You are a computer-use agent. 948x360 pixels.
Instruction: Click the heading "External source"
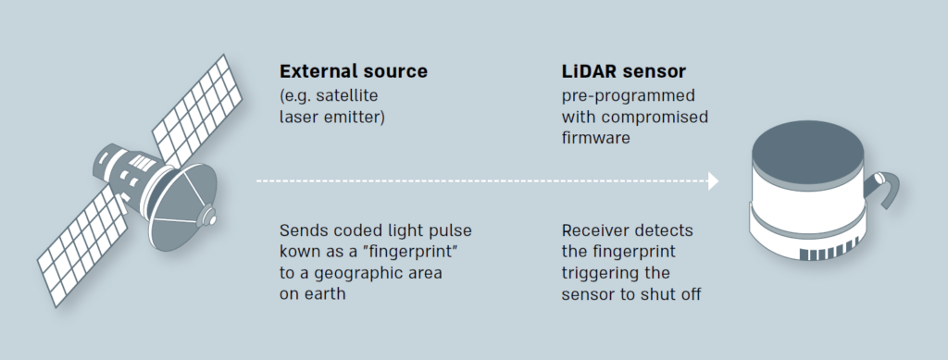click(353, 71)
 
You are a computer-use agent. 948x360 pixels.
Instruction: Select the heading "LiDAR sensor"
click(623, 71)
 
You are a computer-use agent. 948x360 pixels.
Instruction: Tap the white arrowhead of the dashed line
click(714, 180)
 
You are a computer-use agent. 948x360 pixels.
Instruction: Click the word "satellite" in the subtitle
click(347, 95)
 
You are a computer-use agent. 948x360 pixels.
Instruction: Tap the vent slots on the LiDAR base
click(829, 250)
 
